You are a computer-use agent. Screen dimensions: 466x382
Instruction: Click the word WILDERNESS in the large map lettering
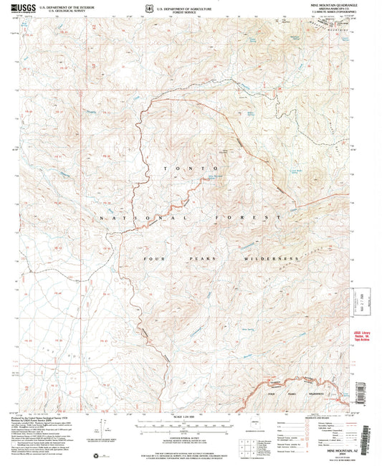tap(269, 258)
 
